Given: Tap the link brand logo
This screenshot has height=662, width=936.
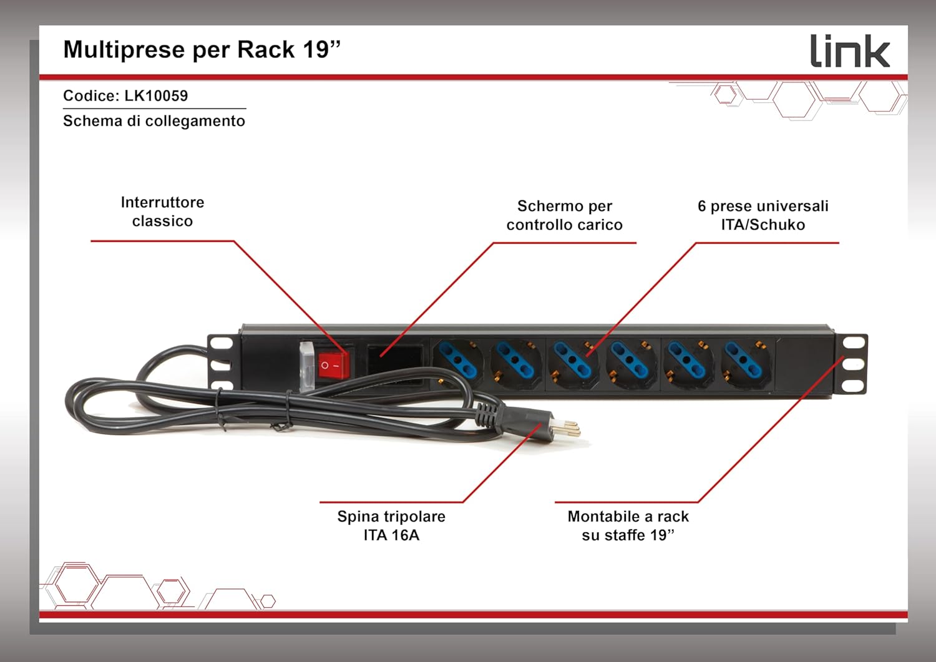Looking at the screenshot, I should tap(849, 51).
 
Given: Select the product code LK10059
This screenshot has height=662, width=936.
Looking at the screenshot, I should tap(156, 96).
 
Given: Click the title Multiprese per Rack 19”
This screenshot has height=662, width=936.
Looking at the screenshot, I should tap(202, 50).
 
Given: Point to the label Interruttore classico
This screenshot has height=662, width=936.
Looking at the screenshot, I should tap(162, 212).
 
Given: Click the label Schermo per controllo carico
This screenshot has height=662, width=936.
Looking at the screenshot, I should tap(564, 215).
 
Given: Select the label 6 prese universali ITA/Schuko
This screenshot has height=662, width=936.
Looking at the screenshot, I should tap(763, 215).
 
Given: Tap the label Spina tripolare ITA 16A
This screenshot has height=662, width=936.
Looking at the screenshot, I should tap(391, 525).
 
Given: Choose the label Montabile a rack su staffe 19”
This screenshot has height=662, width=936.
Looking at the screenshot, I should tap(628, 525).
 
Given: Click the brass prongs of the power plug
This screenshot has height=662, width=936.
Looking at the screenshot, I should tap(568, 427).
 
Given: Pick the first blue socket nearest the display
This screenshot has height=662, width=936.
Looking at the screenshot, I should tap(458, 362).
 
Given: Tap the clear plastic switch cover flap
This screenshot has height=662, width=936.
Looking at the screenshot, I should tap(306, 365).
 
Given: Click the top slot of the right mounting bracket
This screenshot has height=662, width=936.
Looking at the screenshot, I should tap(853, 343).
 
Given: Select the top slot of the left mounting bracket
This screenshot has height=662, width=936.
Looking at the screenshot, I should tap(221, 343).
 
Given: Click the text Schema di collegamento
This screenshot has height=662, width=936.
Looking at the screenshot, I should tap(154, 121).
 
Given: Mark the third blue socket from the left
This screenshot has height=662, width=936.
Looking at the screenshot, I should tap(572, 362).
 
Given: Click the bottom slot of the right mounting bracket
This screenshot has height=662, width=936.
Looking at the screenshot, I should tap(853, 386).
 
